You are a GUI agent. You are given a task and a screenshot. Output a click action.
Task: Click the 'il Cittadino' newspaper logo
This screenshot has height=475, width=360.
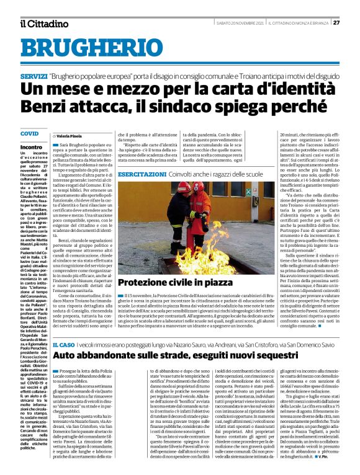[x=43, y=24]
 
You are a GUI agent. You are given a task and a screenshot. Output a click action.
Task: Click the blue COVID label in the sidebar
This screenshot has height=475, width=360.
[x=29, y=133]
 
